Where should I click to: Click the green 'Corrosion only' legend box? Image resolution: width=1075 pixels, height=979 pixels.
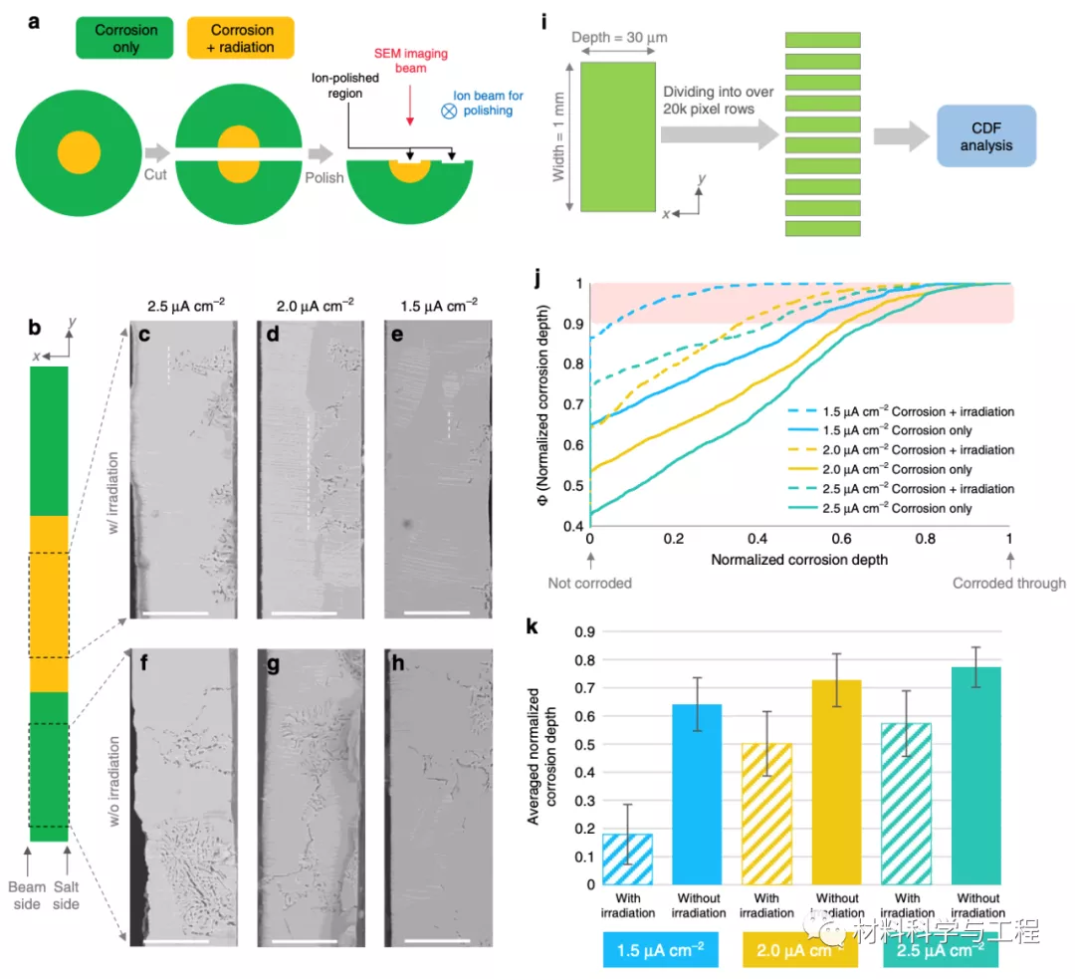[126, 38]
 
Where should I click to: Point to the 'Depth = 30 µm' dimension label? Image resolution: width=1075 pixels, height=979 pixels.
[618, 38]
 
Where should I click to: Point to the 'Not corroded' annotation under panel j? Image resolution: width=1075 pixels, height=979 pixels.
[590, 584]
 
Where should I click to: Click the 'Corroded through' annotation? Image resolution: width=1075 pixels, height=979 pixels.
[1009, 584]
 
